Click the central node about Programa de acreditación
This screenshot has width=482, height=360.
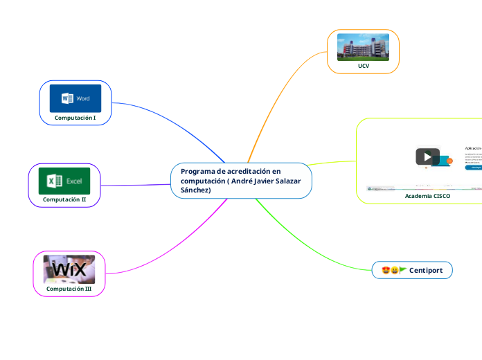point(241,181)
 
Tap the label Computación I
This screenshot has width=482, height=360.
point(75,118)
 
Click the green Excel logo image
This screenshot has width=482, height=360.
point(64,181)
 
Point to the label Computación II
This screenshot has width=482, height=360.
point(64,199)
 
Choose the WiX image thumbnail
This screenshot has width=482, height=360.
point(69,269)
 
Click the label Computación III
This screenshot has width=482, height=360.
point(69,288)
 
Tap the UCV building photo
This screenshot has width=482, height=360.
point(363,47)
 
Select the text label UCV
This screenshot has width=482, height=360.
point(363,66)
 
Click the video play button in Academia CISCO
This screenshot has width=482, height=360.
point(427,156)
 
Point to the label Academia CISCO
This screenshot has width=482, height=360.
point(427,196)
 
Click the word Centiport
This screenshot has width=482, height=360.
point(426,269)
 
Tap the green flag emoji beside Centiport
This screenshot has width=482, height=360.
point(402,270)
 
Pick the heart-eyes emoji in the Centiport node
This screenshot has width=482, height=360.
point(386,270)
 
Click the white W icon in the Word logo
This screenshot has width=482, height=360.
point(67,98)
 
